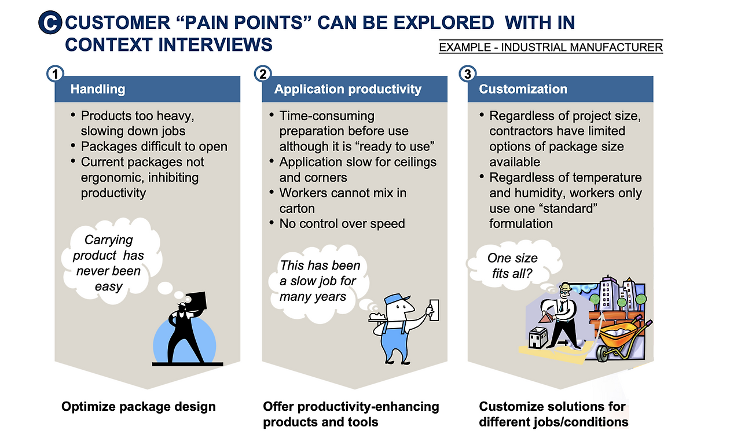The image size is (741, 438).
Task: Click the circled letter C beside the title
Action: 50,23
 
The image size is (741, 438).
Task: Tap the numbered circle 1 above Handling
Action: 55,73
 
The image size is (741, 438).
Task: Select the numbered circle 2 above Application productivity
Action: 263,73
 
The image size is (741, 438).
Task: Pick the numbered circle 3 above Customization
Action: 468,73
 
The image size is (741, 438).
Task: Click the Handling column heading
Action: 98,89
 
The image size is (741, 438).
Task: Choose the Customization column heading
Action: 523,89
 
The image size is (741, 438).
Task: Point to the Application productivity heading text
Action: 348,89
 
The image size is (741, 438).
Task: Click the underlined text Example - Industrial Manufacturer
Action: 551,47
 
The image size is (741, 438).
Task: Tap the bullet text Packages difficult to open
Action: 154,146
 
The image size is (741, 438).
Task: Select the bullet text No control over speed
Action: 342,224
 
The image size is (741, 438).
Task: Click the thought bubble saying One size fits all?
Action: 513,266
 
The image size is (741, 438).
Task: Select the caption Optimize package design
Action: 138,407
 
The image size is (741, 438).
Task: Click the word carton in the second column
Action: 297,209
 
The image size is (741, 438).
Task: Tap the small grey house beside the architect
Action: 538,337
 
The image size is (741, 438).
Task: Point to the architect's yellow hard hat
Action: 566,286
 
